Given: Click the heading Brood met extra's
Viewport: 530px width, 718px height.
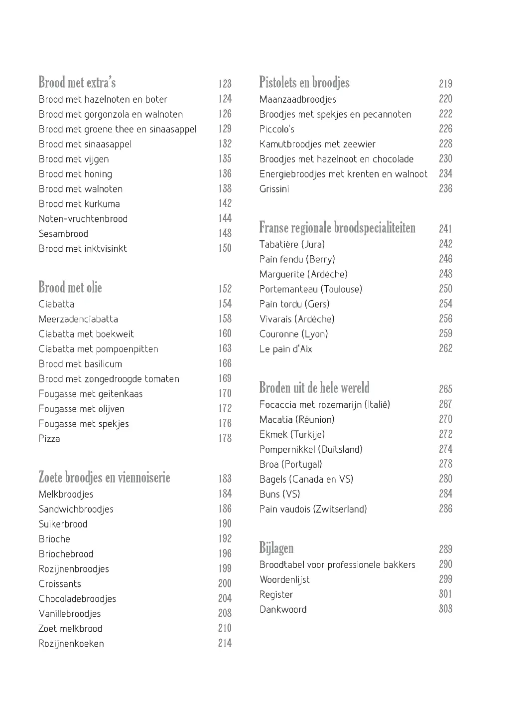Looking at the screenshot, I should point(77,83).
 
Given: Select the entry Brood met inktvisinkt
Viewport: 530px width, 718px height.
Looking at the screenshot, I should point(83,249).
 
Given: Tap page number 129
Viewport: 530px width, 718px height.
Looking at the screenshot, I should point(225,129).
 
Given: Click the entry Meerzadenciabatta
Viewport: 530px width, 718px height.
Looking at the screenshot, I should point(78,319).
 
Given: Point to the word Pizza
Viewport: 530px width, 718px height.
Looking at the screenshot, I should point(49,439).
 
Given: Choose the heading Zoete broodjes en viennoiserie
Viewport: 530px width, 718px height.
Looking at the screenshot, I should point(104,478).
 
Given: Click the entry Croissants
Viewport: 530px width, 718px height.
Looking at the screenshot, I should point(60,584).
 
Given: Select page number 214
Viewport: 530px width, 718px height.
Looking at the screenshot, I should point(225,643).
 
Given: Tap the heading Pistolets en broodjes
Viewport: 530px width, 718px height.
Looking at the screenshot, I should point(304,83).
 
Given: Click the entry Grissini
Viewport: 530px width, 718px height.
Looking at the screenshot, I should point(274,189).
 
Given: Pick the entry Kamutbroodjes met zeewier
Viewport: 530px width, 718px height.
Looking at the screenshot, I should point(317,144).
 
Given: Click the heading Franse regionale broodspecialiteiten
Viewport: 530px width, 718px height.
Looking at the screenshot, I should point(337,228).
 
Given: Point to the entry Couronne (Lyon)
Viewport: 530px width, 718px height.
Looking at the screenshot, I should point(293,334).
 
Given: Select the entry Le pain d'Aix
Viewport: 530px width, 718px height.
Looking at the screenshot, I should point(285,349).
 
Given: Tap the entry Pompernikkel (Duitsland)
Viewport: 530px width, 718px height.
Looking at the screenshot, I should point(311,449).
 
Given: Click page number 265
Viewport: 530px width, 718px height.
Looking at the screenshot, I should point(445,389).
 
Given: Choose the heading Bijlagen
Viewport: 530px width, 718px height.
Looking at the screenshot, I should point(276,548).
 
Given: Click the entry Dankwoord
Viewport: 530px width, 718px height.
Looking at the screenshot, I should point(283,609).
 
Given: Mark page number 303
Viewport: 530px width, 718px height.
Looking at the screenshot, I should point(445,609).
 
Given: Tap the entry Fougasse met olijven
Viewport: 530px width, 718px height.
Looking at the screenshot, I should point(82,409).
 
